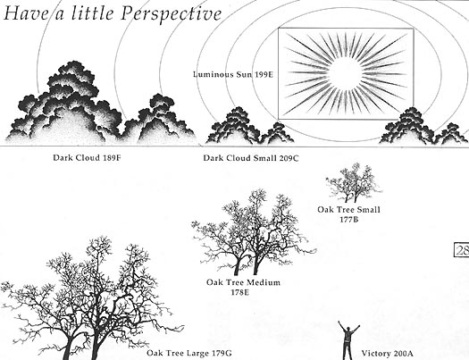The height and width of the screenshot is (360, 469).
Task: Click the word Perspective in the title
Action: tap(172, 14)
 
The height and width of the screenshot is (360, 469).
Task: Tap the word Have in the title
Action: tap(26, 13)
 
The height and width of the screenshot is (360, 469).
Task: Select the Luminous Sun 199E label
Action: tap(233, 74)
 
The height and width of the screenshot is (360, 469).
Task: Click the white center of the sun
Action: tap(346, 73)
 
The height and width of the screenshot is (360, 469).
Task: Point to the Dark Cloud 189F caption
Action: tap(87, 157)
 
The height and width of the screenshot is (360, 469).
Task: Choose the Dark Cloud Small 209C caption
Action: tap(251, 158)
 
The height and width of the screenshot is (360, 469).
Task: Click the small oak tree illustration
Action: tap(354, 183)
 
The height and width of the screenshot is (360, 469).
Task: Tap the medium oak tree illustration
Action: tap(253, 232)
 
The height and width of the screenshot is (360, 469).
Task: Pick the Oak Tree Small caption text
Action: tap(348, 209)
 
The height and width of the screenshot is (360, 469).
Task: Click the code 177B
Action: tap(348, 220)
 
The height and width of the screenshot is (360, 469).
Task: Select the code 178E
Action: tap(240, 292)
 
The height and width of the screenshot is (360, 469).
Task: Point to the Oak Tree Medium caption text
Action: tap(243, 282)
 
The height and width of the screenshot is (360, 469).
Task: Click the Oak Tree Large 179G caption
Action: tap(189, 353)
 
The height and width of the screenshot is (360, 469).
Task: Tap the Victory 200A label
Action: tap(387, 354)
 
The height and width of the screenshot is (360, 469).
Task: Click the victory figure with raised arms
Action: tap(348, 340)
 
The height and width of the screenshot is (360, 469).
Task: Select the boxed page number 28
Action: tap(462, 250)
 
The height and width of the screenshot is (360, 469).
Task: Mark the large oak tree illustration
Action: tap(89, 299)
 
